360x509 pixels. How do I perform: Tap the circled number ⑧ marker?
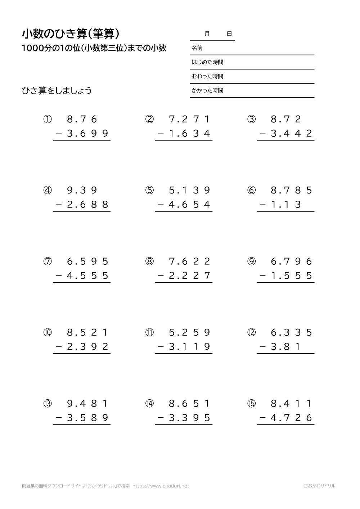click(149, 262)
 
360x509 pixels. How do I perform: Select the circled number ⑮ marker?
click(251, 404)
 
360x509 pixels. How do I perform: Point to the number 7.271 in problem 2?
click(190, 119)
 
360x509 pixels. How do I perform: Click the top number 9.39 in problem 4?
click(82, 190)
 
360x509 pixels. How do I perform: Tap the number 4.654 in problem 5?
click(190, 205)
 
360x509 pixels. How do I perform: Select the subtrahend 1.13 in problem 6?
click(286, 205)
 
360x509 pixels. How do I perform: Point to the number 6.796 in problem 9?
click(292, 262)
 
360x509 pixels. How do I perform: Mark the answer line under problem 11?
click(184, 354)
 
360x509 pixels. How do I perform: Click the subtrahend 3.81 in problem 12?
click(286, 347)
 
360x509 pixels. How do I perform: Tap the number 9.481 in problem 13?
click(88, 404)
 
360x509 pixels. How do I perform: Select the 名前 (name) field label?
click(197, 48)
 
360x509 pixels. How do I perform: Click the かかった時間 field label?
click(207, 91)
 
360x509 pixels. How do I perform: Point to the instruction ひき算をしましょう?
click(57, 91)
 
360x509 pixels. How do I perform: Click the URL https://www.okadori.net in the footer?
click(161, 486)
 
